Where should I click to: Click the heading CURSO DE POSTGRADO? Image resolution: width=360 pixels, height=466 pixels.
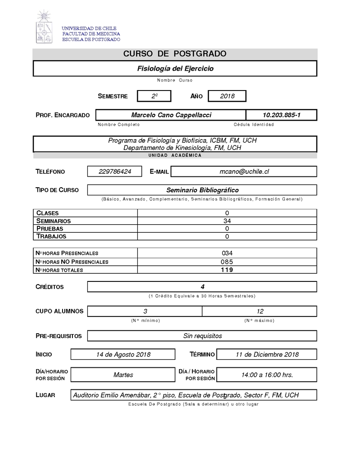175,54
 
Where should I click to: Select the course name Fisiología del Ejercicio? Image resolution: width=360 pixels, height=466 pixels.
175,69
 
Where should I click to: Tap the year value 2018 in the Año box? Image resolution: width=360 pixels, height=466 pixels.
227,96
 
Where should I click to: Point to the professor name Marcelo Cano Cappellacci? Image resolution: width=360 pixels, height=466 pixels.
171,115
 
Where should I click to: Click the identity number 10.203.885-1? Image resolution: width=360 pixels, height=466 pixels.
281,115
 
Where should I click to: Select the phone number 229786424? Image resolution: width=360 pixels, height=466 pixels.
115,172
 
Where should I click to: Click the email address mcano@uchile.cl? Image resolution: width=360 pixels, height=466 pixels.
244,172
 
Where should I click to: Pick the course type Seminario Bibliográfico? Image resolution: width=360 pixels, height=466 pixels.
202,190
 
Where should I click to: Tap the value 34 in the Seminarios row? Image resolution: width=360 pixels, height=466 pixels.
227,221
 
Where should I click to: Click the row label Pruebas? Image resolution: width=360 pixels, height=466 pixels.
50,229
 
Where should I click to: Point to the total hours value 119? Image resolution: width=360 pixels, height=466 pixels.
227,270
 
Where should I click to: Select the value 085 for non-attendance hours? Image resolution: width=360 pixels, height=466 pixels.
227,262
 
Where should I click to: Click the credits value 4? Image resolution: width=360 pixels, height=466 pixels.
202,287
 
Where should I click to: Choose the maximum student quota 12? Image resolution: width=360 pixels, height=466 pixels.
260,311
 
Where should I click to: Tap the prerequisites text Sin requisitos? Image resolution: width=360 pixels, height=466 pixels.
202,336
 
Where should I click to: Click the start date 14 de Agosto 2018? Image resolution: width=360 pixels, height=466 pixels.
123,354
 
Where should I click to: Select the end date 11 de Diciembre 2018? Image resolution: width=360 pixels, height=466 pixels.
267,354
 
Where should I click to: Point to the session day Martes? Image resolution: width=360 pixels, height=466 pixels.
123,375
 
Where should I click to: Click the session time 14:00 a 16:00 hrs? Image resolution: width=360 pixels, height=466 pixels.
267,375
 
